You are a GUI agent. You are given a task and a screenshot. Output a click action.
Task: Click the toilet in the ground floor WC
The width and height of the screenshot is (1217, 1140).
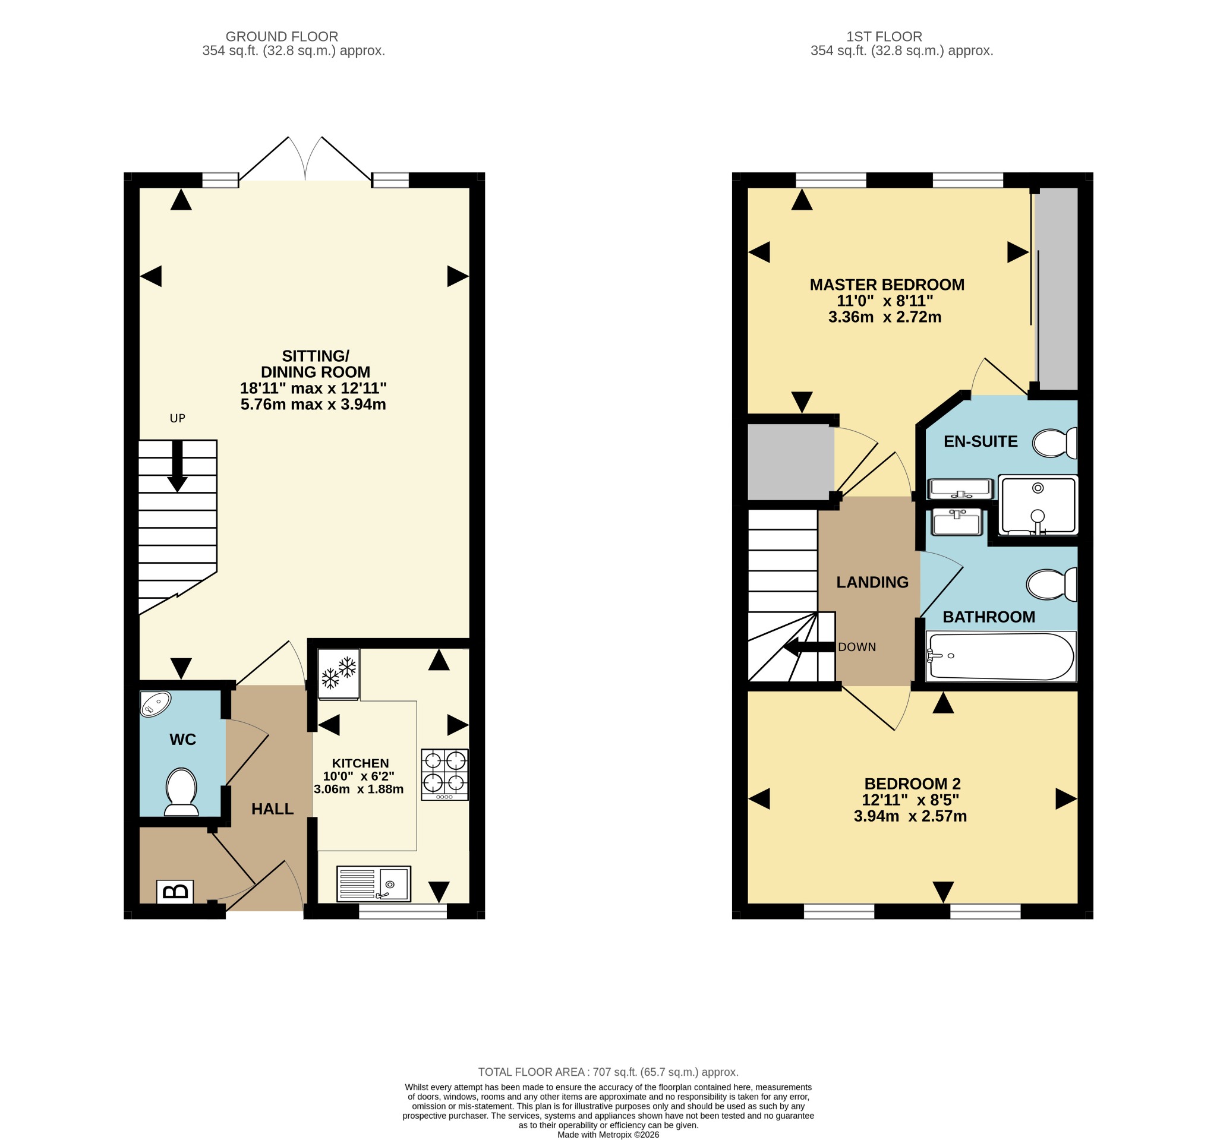[x=181, y=792]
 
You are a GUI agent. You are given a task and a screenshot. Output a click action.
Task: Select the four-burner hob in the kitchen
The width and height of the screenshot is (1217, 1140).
[x=444, y=775]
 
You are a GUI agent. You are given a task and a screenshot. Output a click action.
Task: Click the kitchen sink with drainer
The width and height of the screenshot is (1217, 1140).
[x=373, y=883]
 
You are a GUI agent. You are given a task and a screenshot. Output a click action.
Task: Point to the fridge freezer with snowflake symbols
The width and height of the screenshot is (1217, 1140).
[x=339, y=674]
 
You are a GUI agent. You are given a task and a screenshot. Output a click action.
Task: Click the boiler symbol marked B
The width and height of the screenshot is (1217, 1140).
[x=175, y=892]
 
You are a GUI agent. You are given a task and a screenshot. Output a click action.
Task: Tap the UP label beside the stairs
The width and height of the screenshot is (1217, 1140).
[x=178, y=419]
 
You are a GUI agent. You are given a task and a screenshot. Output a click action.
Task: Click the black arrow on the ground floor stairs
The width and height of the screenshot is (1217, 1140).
[x=178, y=466]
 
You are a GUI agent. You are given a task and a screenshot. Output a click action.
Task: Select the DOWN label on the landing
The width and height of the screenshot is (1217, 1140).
[x=857, y=648]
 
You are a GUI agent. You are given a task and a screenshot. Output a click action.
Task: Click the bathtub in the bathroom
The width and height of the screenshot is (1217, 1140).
[x=1001, y=656]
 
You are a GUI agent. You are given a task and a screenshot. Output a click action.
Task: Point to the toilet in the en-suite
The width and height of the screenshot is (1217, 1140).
[x=1054, y=443]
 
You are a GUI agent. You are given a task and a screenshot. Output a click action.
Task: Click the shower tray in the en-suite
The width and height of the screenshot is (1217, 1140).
[x=1038, y=506]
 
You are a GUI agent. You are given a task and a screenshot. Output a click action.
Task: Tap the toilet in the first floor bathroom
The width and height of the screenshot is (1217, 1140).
[x=1052, y=585]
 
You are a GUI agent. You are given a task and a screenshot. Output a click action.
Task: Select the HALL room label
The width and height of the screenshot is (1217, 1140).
[x=272, y=809]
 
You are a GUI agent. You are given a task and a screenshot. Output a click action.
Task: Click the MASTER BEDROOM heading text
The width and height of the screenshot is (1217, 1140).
[x=887, y=285]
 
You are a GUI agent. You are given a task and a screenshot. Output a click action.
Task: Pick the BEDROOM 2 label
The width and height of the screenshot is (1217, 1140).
[x=912, y=784]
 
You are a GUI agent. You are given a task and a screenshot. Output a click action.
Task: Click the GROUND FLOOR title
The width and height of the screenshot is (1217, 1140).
[x=282, y=37]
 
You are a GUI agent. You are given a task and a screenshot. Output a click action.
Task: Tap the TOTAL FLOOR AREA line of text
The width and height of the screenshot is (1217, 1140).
[x=608, y=1072]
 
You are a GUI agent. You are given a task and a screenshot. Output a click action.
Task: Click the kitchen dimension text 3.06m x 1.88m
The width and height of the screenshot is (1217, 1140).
[x=359, y=790]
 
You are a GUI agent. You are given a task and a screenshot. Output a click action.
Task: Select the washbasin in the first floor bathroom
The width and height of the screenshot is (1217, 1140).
[x=957, y=522]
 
